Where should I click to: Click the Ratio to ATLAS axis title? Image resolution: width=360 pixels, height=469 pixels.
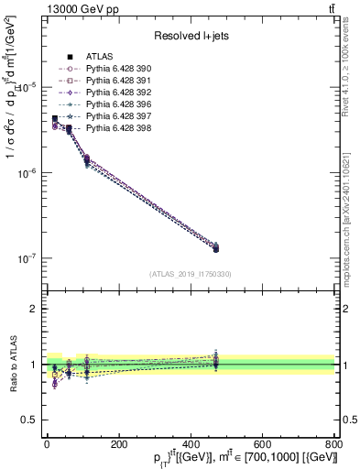click(11, 364)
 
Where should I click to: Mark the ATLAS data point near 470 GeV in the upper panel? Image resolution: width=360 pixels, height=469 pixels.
click(215, 248)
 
